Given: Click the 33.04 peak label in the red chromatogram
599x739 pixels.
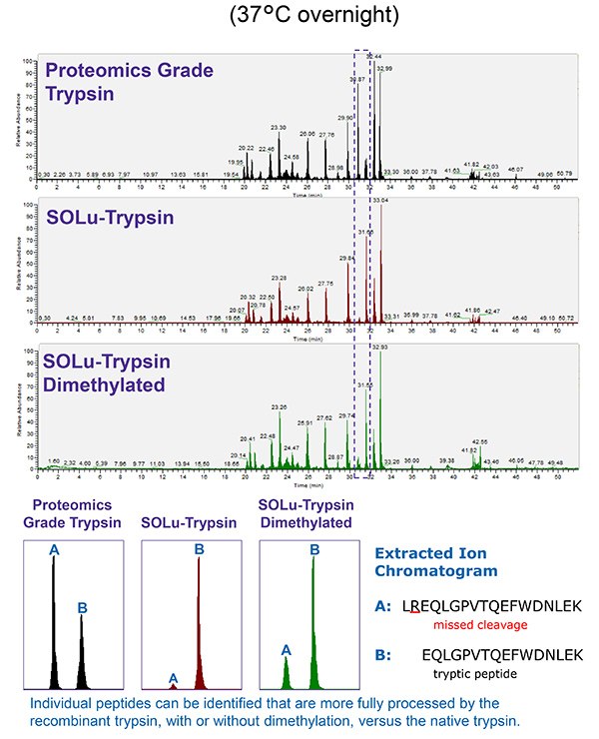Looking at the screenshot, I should tap(380, 202).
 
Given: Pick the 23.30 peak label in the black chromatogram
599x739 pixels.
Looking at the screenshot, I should tap(279, 128).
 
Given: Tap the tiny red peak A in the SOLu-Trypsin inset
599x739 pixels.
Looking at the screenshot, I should tap(173, 685).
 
